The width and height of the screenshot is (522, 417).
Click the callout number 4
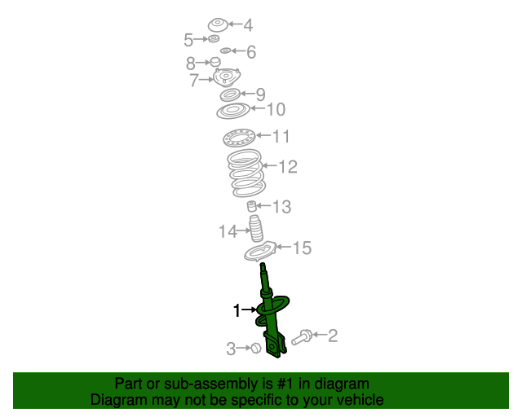(248, 25)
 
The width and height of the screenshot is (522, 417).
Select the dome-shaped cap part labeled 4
(218, 25)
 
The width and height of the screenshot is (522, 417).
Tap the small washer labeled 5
(214, 38)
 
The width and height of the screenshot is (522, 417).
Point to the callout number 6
(251, 52)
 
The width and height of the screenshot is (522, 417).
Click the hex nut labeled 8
(215, 62)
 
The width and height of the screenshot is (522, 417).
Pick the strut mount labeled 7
(227, 77)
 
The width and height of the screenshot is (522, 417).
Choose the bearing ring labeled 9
(230, 95)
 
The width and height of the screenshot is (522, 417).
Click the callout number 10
(276, 109)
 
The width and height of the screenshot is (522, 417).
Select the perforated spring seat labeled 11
(239, 137)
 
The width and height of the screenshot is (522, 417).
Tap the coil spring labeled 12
(246, 173)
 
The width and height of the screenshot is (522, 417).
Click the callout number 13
(281, 207)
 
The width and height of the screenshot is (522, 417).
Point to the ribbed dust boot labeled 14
(256, 228)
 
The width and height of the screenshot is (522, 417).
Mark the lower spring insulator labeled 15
(261, 252)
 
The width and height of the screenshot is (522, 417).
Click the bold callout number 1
(237, 310)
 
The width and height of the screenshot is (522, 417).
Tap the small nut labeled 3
(255, 348)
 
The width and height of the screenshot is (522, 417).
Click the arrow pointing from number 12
(270, 165)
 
